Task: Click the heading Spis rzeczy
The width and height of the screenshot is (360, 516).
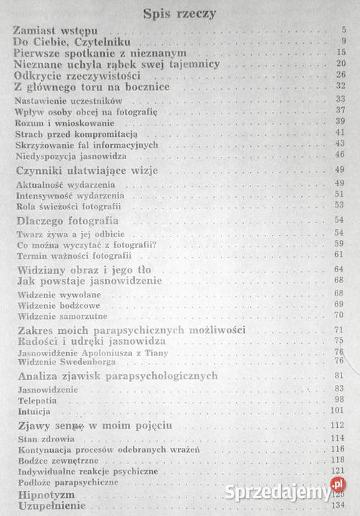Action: (x=179, y=12)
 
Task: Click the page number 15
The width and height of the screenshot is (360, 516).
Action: (x=341, y=53)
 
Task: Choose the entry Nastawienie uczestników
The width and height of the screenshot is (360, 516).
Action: (x=60, y=100)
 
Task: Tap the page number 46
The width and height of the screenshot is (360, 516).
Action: (x=340, y=156)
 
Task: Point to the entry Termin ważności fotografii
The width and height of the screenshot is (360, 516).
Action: (x=63, y=255)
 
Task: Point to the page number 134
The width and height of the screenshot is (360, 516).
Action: (x=338, y=506)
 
